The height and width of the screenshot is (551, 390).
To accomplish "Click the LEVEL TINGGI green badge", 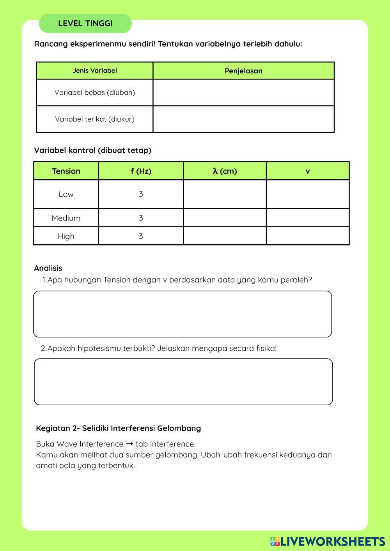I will click(85, 23).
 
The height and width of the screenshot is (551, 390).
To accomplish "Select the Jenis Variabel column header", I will click(95, 71).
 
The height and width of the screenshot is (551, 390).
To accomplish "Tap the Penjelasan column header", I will click(243, 71).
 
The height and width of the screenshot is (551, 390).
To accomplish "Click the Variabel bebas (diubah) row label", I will click(95, 93).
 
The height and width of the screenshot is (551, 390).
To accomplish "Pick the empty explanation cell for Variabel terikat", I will click(243, 119).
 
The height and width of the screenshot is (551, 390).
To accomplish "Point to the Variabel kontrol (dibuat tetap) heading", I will click(93, 150).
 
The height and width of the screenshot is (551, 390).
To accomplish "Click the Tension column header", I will click(66, 171).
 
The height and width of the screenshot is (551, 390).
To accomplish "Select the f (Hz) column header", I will click(141, 171).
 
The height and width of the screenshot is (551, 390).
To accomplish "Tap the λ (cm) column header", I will click(225, 171).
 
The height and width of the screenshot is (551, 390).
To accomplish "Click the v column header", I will click(308, 171).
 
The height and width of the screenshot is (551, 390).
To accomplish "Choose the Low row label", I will click(66, 194).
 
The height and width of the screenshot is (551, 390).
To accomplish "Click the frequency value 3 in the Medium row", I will click(141, 218).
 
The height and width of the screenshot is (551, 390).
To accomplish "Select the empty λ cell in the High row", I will click(225, 236).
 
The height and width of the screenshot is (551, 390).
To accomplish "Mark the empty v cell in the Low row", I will click(308, 194).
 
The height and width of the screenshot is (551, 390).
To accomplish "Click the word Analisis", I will click(48, 268).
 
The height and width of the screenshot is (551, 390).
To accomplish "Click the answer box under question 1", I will click(183, 314).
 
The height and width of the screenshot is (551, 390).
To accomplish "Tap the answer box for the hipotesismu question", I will click(183, 382).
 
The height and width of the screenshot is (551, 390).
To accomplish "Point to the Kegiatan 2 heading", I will click(119, 428).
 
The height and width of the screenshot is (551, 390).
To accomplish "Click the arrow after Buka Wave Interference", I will click(129, 443).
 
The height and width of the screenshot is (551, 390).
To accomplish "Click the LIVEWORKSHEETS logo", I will click(328, 541).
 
